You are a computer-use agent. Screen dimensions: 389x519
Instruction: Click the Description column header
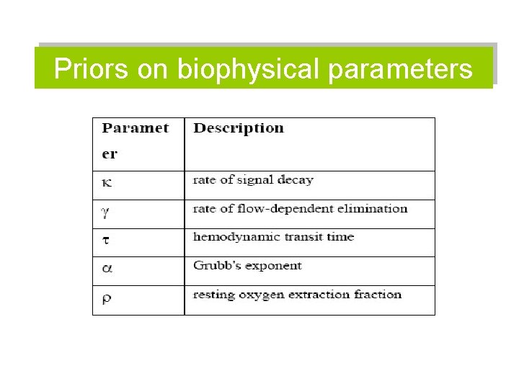point(239,129)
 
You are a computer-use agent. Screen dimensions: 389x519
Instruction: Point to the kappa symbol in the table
point(107,182)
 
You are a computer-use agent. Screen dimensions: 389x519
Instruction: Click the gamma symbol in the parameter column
point(106,211)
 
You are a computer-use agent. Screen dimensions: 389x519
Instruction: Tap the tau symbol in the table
point(106,239)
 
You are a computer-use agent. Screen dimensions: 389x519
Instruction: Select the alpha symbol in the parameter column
point(107,268)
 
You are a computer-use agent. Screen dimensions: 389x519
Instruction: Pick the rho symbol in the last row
point(107,298)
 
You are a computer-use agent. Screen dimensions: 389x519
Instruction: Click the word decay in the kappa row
point(297,180)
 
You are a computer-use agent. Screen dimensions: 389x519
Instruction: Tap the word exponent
point(274,267)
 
